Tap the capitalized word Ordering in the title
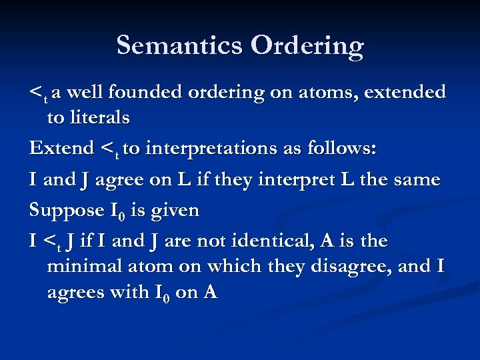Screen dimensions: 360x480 pyautogui.click(x=307, y=46)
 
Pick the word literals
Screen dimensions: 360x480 pyautogui.click(x=98, y=119)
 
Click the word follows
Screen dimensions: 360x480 pyautogui.click(x=341, y=148)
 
